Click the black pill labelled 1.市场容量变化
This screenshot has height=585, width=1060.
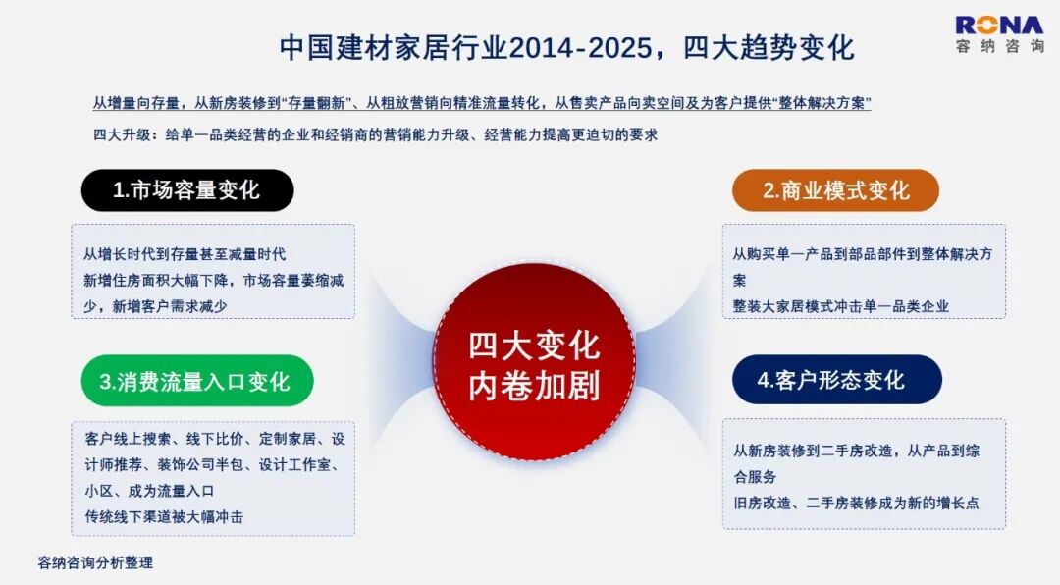point(187,190)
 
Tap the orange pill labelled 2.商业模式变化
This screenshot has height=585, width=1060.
point(835,190)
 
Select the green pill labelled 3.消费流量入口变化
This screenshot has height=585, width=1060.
point(196,381)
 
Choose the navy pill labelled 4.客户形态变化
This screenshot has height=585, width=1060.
point(836,380)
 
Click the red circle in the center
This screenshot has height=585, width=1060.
point(534,362)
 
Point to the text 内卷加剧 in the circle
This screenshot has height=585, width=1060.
point(534,386)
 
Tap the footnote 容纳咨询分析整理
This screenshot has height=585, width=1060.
point(95,562)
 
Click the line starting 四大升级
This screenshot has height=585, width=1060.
point(375,134)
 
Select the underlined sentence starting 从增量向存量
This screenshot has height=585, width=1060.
point(481,103)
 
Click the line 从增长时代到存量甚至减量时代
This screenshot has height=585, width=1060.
point(185,254)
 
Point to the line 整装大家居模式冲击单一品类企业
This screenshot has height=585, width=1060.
point(841,306)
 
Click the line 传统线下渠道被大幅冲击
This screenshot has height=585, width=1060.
point(164,517)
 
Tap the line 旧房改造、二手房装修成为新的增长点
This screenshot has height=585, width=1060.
point(857,504)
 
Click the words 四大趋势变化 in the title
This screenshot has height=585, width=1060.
point(768,48)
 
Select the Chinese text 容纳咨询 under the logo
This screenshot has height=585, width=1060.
point(1000,46)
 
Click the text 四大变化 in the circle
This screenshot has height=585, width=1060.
point(534,346)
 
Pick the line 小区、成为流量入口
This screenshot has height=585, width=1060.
point(149,491)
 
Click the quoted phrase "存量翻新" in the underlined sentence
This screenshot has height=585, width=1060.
point(319,103)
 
